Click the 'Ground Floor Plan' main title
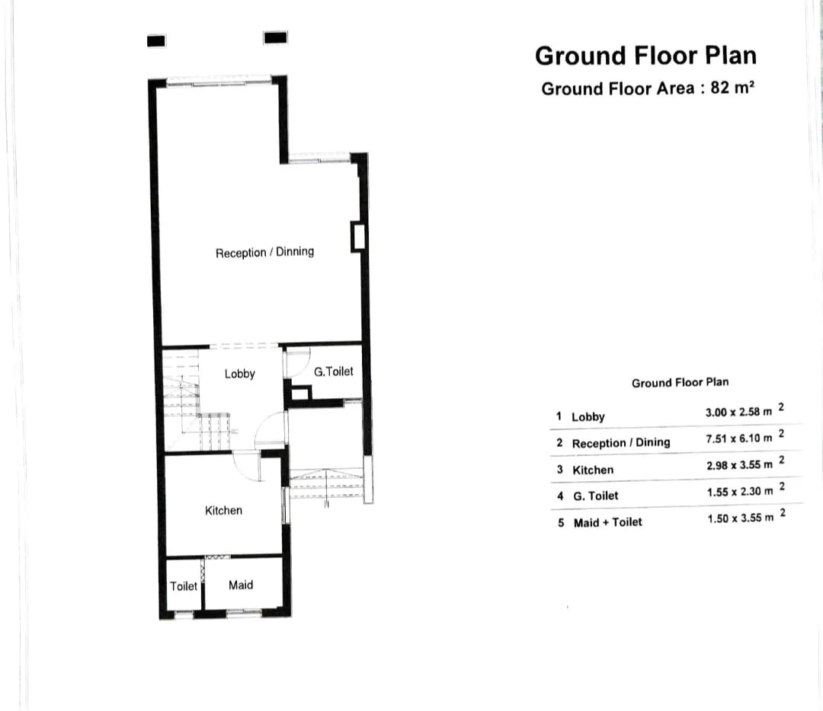pyautogui.click(x=645, y=56)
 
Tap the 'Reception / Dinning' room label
pyautogui.click(x=264, y=252)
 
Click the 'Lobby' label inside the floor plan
pyautogui.click(x=239, y=374)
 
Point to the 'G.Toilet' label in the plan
pyautogui.click(x=334, y=371)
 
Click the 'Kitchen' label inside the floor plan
pyautogui.click(x=223, y=510)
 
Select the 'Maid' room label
pyautogui.click(x=241, y=585)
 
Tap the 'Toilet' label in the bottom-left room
pyautogui.click(x=184, y=585)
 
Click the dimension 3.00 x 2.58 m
pyautogui.click(x=738, y=412)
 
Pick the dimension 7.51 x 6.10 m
pyautogui.click(x=738, y=438)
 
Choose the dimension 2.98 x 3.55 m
pyautogui.click(x=738, y=464)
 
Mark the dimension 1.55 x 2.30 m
pyautogui.click(x=738, y=492)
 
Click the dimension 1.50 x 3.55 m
pyautogui.click(x=738, y=518)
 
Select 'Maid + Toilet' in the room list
pyautogui.click(x=607, y=522)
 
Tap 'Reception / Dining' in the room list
pyautogui.click(x=621, y=442)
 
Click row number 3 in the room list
pyautogui.click(x=560, y=470)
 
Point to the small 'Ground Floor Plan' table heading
pyautogui.click(x=680, y=382)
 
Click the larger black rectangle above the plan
pyautogui.click(x=275, y=37)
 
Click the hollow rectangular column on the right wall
pyautogui.click(x=357, y=236)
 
